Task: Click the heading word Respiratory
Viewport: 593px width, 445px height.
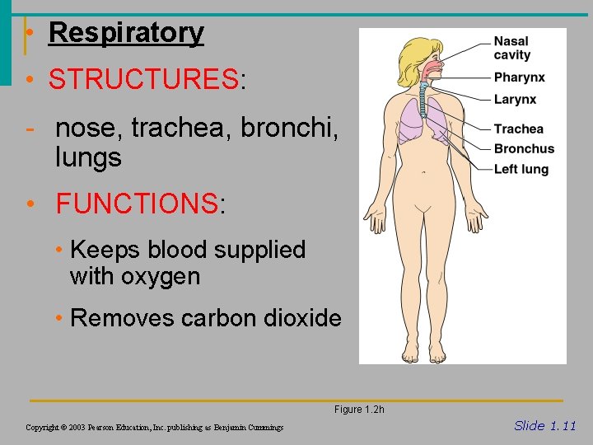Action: coord(126,33)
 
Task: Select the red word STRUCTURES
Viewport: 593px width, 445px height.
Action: coord(143,80)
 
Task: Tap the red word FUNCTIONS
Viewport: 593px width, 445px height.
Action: coord(136,203)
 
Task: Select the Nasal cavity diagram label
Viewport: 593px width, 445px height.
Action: coord(511,48)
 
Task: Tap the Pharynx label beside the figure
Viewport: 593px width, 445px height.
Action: coord(519,77)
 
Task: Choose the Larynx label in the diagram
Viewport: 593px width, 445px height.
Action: coord(515,99)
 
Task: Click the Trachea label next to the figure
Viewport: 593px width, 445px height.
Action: coord(518,129)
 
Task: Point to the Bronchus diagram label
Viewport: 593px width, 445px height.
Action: coord(524,149)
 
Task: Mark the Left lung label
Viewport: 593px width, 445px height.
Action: coord(521,169)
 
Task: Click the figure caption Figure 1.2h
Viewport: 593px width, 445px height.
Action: coord(359,410)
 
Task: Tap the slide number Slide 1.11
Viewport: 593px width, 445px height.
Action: coord(544,425)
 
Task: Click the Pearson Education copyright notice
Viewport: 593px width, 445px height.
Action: coord(154,427)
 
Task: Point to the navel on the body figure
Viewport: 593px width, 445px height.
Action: coord(423,173)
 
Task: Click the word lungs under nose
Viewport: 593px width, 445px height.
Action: coord(88,157)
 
